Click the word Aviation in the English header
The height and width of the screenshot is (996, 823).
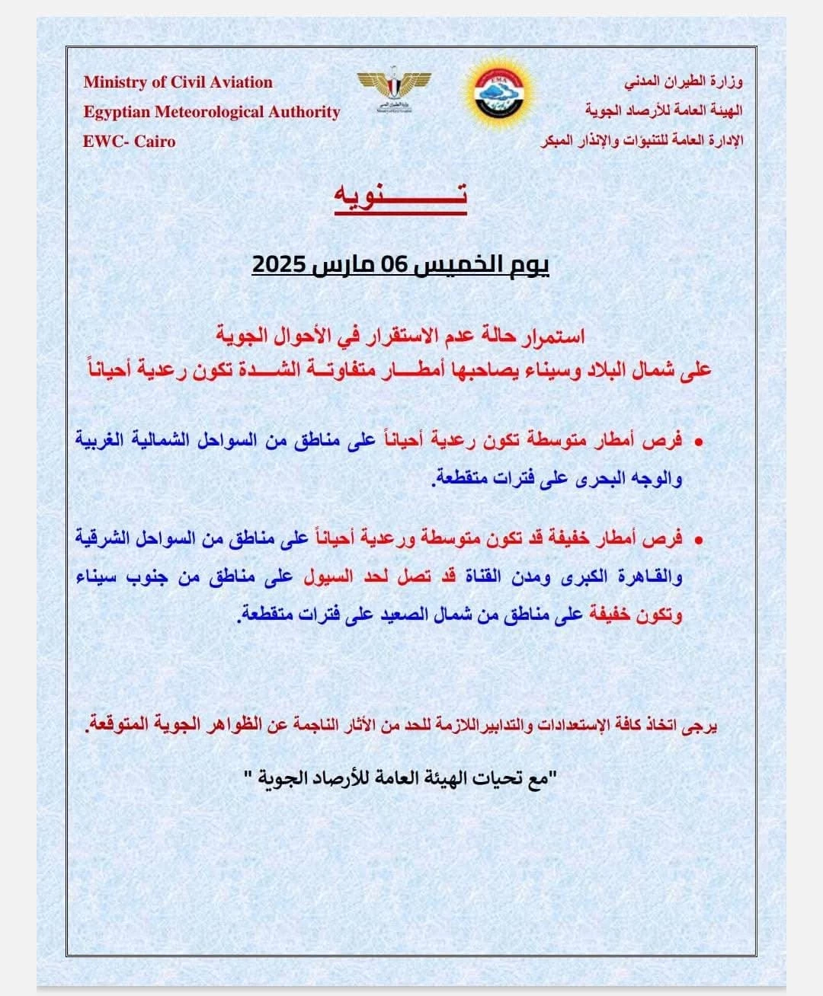point(236,82)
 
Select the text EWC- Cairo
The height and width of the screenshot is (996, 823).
point(130,142)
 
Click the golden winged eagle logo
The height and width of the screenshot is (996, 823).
point(394,89)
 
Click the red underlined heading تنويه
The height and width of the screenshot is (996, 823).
point(400,196)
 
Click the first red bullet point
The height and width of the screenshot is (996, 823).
point(697,442)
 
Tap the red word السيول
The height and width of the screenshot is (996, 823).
point(328,576)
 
